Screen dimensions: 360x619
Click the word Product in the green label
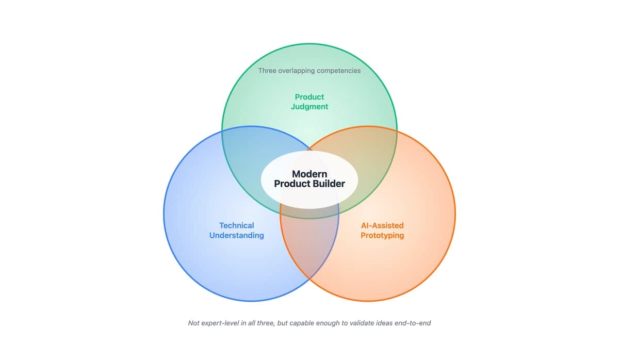309,97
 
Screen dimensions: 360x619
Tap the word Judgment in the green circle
309,107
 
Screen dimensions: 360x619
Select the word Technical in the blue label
236,225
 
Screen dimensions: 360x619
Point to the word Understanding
236,235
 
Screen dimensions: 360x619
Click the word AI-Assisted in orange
382,225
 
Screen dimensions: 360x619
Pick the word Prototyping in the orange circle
382,235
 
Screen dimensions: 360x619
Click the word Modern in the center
309,174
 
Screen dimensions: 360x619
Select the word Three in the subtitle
267,71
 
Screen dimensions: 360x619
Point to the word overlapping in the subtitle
296,71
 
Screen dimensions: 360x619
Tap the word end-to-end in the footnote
412,323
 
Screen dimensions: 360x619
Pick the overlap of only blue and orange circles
309,242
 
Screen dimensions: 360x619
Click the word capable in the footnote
300,323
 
